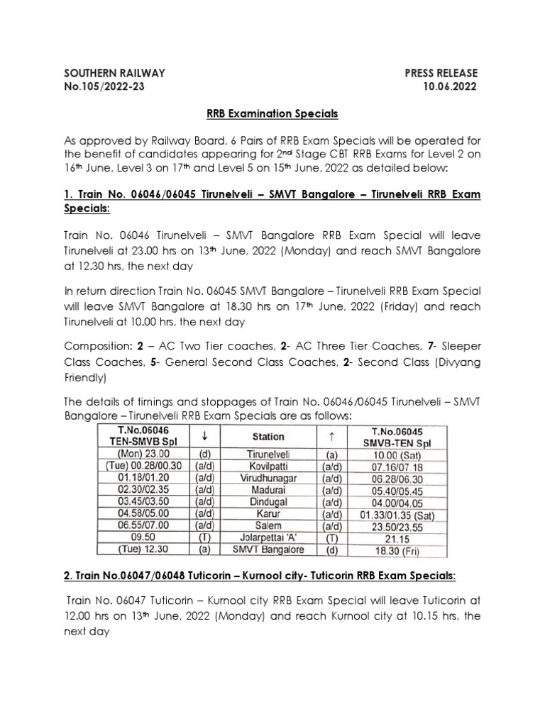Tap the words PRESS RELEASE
[441, 73]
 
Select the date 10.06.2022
[449, 87]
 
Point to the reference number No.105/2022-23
[107, 87]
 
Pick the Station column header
[268, 437]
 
